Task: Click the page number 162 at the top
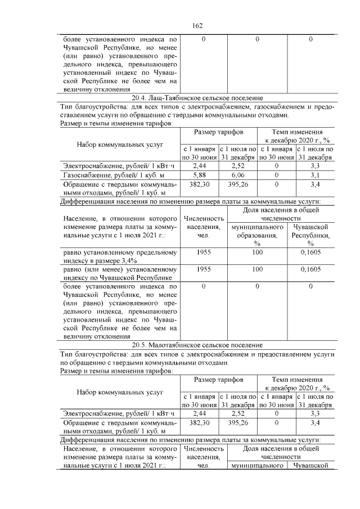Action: (197, 26)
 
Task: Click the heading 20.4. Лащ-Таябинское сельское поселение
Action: (197, 98)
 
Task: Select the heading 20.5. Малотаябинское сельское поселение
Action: (197, 345)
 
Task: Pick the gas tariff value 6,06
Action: (237, 175)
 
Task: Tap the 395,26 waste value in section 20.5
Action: (237, 422)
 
